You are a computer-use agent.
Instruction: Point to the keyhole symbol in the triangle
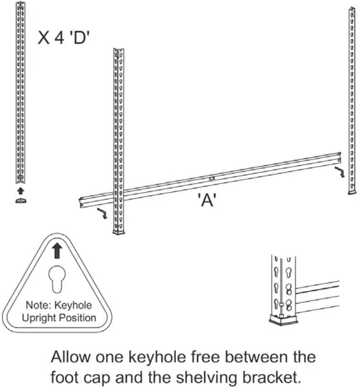(56, 279)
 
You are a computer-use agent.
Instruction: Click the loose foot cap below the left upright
(21, 200)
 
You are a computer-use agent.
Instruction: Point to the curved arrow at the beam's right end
(340, 172)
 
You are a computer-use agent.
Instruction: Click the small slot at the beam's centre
(212, 177)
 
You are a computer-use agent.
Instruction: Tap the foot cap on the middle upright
(119, 232)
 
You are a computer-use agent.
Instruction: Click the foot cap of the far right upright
(352, 192)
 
